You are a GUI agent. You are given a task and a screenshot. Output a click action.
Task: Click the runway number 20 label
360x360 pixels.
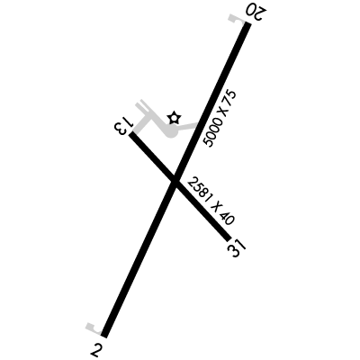[x=256, y=12]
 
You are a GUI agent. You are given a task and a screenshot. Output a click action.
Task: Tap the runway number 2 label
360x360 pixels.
[x=95, y=349]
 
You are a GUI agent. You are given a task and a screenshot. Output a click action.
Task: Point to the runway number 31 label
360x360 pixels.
[x=237, y=248]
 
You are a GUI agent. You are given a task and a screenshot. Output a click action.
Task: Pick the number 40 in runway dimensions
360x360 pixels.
[x=227, y=218]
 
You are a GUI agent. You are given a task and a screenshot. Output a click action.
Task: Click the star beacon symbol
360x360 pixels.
[x=174, y=118]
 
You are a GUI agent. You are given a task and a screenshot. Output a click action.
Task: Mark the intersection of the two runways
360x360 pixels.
[x=175, y=181]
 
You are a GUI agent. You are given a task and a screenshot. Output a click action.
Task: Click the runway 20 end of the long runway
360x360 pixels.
[x=247, y=24]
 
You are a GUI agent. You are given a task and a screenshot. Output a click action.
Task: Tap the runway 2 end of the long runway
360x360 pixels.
[x=104, y=335]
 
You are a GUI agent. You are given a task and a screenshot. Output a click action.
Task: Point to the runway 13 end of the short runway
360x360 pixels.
[x=131, y=135]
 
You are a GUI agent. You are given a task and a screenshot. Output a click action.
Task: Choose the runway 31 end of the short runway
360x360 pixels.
[x=229, y=238]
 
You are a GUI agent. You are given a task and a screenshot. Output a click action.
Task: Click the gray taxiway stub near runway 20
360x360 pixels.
[x=236, y=19]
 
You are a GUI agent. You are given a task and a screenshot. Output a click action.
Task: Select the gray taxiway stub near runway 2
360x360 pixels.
[x=94, y=329]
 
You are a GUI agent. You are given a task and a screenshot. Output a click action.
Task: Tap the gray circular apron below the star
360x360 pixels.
[x=172, y=131]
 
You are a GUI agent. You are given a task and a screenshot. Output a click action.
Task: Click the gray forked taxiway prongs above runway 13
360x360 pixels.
[x=142, y=107]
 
